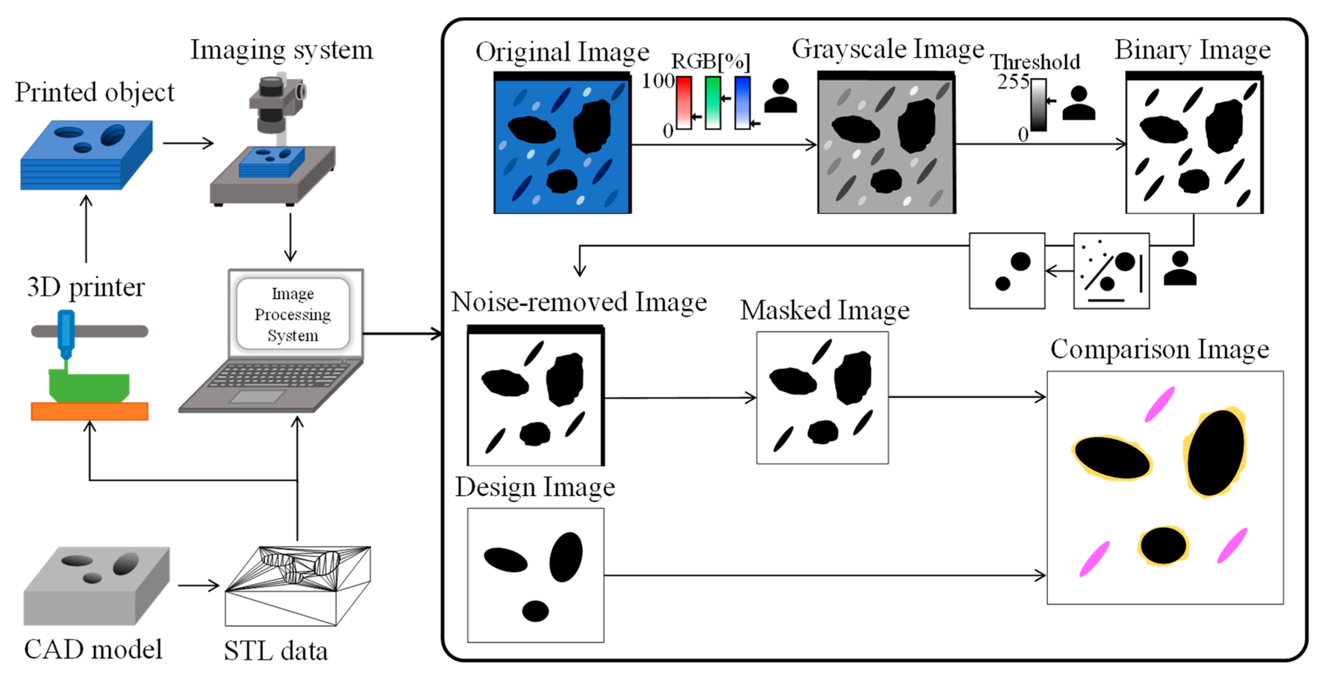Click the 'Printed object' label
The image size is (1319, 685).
tap(94, 92)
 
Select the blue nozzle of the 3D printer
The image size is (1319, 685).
tap(65, 333)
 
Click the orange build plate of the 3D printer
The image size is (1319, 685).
tap(90, 411)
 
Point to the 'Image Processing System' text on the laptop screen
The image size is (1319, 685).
tap(293, 314)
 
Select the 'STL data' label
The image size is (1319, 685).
tap(275, 651)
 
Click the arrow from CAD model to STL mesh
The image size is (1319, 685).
tap(199, 585)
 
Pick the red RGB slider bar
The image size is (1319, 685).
tap(684, 102)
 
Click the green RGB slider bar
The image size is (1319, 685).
tap(713, 102)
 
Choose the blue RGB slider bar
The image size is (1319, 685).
tap(742, 102)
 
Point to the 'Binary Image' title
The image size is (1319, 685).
tap(1193, 50)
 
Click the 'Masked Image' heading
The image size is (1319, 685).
tap(825, 310)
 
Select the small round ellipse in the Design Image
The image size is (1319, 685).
tap(535, 611)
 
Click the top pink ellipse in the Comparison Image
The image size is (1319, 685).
tap(1159, 404)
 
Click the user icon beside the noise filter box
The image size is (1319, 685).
tap(1180, 268)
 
